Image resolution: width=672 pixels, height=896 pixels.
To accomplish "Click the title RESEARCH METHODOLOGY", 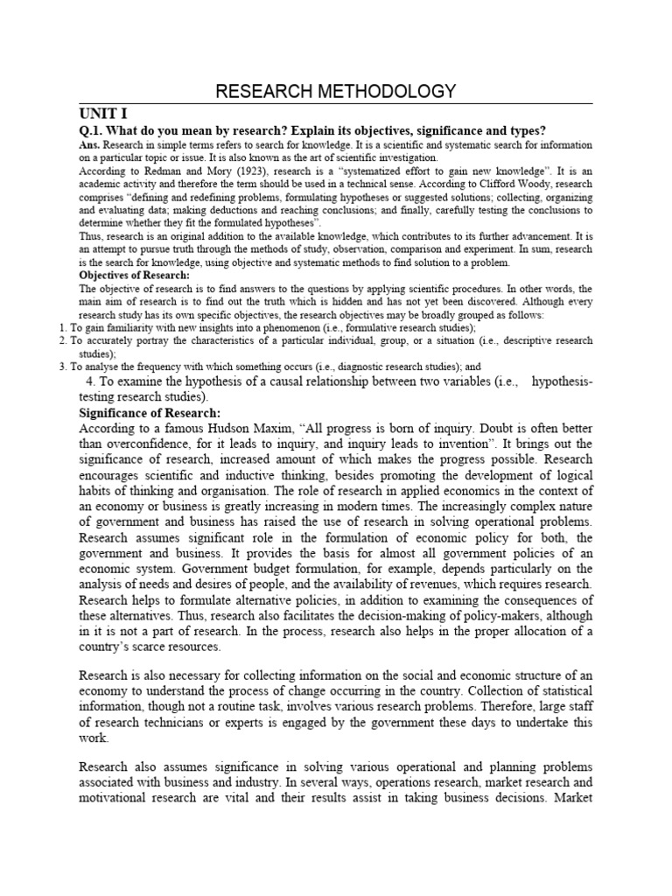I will [x=336, y=91].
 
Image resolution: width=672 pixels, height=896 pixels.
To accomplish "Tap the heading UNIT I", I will [x=103, y=114].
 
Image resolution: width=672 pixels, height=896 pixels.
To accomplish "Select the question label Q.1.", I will [x=92, y=130].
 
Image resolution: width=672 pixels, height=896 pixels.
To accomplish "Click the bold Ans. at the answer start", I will [x=90, y=144].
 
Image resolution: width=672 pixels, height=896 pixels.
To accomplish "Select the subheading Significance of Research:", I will [x=150, y=412].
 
